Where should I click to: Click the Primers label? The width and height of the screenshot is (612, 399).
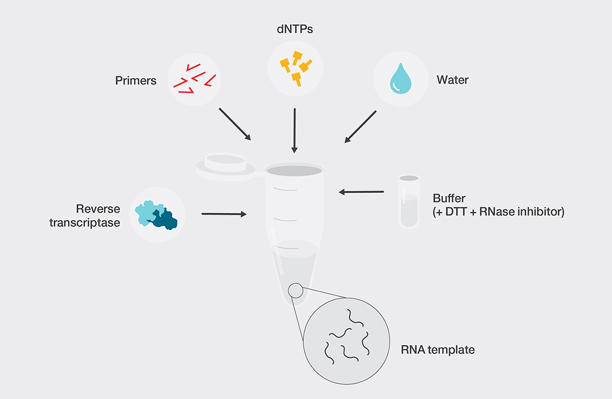(x=136, y=81)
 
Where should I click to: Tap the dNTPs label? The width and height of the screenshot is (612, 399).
(x=295, y=30)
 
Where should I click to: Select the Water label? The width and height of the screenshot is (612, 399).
(x=452, y=80)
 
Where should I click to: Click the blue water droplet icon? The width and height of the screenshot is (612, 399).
(x=399, y=80)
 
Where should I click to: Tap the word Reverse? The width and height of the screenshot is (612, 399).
(x=98, y=209)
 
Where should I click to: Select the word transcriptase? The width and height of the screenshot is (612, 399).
(x=85, y=223)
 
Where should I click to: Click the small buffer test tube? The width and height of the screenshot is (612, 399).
(x=409, y=202)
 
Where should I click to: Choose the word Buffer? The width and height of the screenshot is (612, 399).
(x=450, y=198)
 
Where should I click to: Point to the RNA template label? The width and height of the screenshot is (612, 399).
(x=437, y=349)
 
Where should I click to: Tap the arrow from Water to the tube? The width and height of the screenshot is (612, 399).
(x=360, y=127)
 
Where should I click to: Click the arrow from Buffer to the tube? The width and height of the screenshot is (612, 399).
(x=361, y=192)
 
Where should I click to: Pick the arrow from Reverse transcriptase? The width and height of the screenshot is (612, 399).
(x=224, y=214)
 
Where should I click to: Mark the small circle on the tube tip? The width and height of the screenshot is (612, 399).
(x=295, y=290)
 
